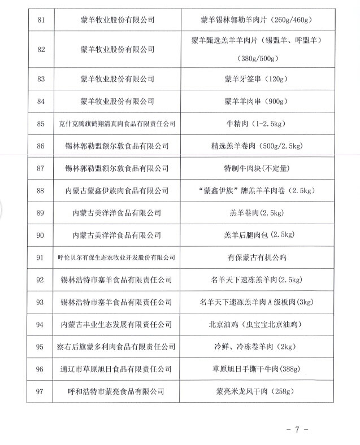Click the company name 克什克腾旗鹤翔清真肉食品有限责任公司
[x=117, y=124]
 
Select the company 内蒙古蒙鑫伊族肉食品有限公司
[x=117, y=191]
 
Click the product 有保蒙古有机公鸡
[x=257, y=258]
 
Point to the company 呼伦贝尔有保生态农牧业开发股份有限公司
[x=117, y=258]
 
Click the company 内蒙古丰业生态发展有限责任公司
[x=117, y=325]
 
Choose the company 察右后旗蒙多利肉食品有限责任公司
[x=117, y=347]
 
